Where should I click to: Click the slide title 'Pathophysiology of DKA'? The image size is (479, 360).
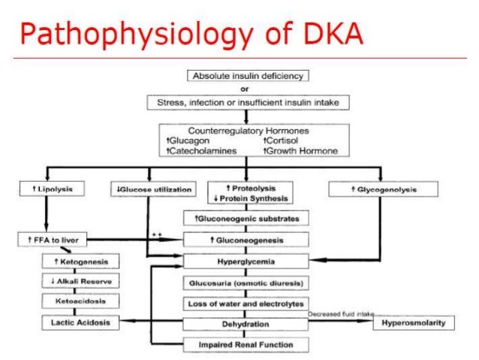click(191, 33)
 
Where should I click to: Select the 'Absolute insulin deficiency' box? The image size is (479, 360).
click(247, 76)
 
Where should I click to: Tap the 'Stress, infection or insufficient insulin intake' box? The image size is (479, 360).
click(247, 101)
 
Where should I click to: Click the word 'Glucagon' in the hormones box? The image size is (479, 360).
click(192, 140)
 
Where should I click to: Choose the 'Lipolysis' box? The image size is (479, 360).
click(51, 189)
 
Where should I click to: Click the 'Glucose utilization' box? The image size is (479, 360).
click(155, 189)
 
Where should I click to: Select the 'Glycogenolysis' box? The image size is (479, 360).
click(384, 189)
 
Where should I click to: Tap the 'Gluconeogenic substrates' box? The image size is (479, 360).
click(247, 218)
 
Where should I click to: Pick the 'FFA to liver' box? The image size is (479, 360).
click(52, 240)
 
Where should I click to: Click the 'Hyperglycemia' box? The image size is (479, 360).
click(247, 262)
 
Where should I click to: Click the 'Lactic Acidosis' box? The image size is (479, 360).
click(81, 322)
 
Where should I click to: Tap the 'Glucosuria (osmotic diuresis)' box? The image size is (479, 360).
click(247, 283)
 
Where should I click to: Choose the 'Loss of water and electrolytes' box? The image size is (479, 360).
click(247, 304)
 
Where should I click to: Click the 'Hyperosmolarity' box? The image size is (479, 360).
click(413, 323)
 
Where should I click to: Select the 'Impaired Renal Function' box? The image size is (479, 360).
click(247, 344)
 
